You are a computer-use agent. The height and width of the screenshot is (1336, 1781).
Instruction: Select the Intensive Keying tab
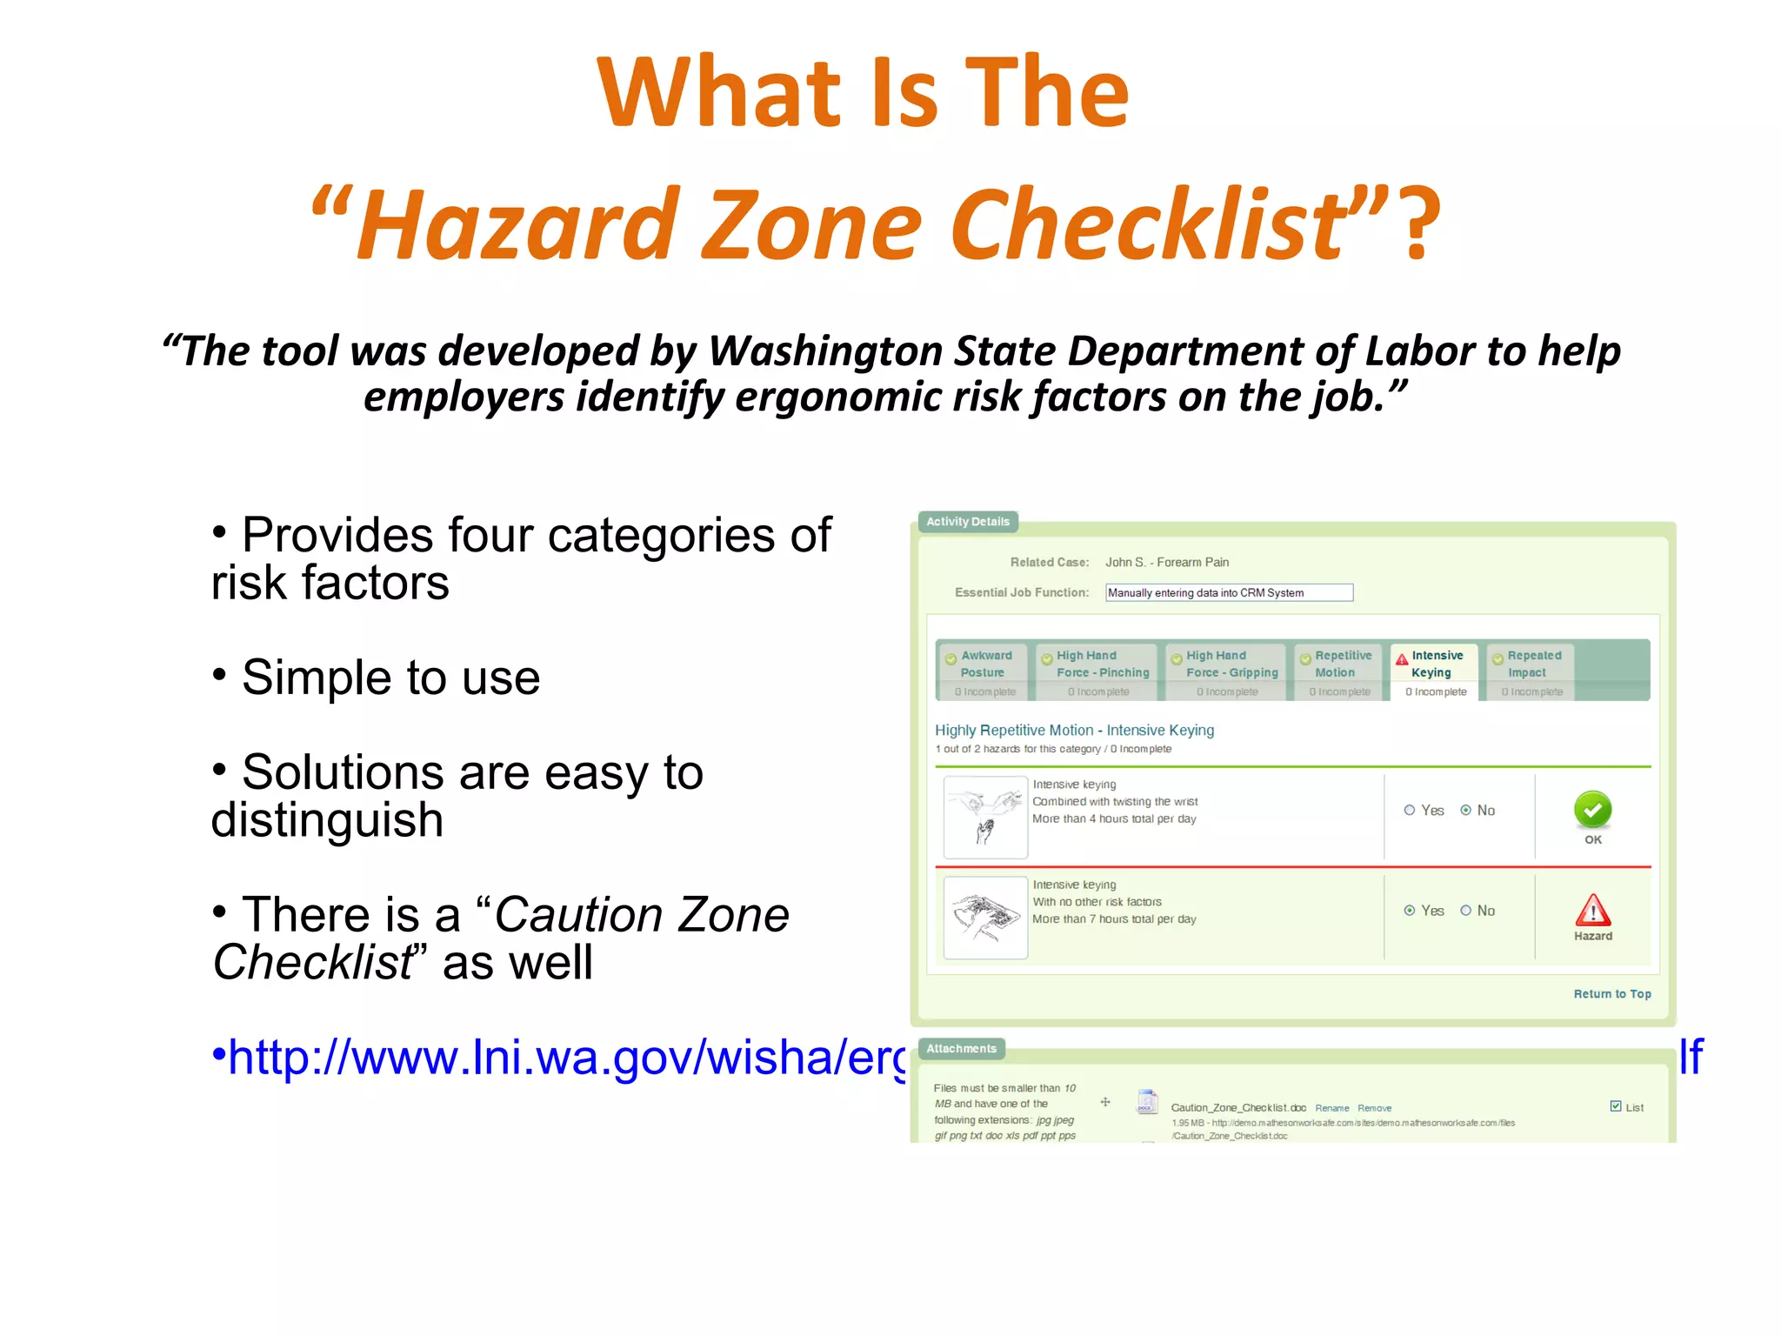click(x=1436, y=669)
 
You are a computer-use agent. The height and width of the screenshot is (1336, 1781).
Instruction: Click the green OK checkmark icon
click(x=1592, y=810)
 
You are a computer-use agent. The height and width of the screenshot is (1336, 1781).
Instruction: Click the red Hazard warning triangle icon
click(x=1592, y=911)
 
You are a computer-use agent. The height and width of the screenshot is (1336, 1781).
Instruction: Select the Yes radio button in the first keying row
click(x=1410, y=810)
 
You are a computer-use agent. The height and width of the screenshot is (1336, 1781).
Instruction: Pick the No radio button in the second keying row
click(x=1466, y=911)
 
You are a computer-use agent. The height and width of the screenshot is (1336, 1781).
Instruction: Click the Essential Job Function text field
click(x=1229, y=592)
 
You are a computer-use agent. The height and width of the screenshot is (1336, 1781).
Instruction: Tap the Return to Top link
click(x=1611, y=993)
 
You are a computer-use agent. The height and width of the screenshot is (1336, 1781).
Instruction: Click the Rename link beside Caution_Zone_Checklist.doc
click(x=1331, y=1108)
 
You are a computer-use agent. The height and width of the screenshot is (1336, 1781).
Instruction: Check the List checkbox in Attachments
click(x=1616, y=1106)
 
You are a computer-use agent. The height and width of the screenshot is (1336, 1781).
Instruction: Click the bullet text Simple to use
click(x=390, y=678)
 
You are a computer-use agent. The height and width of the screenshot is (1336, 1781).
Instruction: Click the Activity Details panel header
click(x=967, y=522)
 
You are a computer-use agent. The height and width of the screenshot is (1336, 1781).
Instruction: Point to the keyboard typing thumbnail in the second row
click(x=985, y=917)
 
